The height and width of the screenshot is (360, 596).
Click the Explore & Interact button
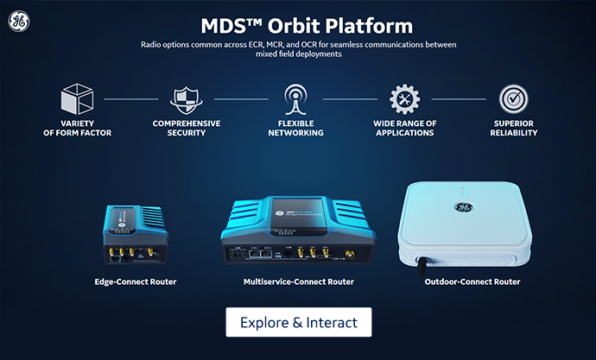(x=298, y=322)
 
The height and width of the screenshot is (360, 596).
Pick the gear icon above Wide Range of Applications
(x=404, y=100)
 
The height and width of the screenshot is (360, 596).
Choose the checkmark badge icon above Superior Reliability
(x=512, y=98)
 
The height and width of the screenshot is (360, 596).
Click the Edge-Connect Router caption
(x=136, y=281)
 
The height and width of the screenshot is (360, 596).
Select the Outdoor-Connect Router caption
(x=472, y=281)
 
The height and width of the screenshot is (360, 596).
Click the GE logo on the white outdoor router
(x=464, y=207)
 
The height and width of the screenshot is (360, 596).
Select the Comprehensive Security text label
(x=186, y=128)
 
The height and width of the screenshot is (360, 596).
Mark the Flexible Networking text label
(x=295, y=128)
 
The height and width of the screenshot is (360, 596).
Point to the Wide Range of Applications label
(x=404, y=128)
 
